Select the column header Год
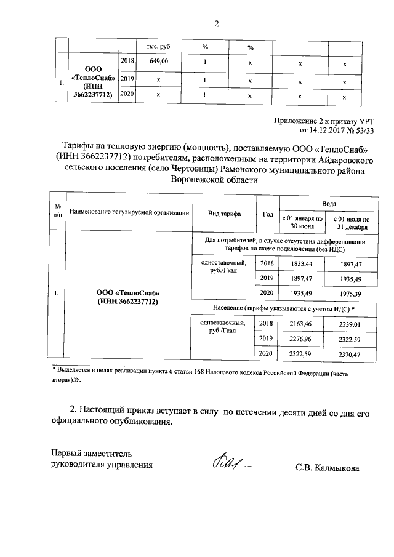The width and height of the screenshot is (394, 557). click(x=267, y=214)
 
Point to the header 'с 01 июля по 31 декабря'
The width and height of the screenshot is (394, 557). click(x=350, y=222)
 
